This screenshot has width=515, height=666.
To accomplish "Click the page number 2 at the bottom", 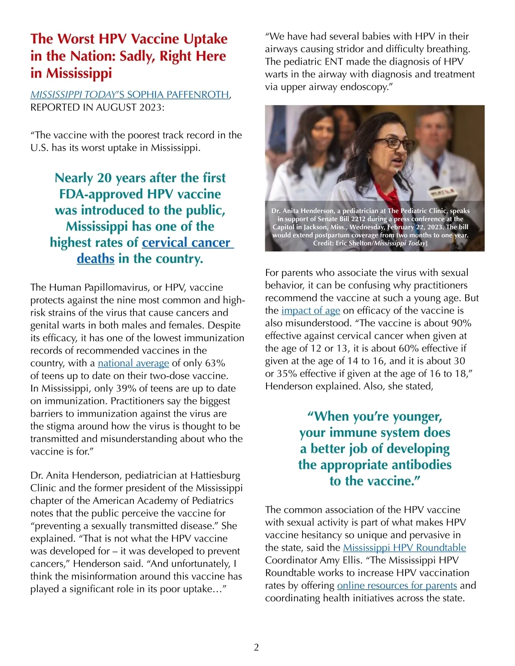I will pos(256,648).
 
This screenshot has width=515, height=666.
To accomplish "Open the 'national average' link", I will pos(133,363).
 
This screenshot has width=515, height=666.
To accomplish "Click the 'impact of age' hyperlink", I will pos(311,310).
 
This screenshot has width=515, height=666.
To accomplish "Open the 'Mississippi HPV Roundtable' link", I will pos(404,548).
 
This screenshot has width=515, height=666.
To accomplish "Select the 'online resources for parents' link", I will pos(397,585).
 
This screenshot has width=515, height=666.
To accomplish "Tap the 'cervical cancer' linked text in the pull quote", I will pos(187,243).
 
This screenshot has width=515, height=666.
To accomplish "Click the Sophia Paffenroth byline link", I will pos(130,94).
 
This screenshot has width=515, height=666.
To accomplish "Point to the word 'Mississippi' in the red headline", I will pos(71,73).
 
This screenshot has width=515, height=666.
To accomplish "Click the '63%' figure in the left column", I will pos(215,363).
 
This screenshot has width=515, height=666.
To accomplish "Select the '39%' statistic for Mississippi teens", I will pos(125,389).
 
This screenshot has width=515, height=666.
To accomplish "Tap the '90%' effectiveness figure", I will pos(461,323).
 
